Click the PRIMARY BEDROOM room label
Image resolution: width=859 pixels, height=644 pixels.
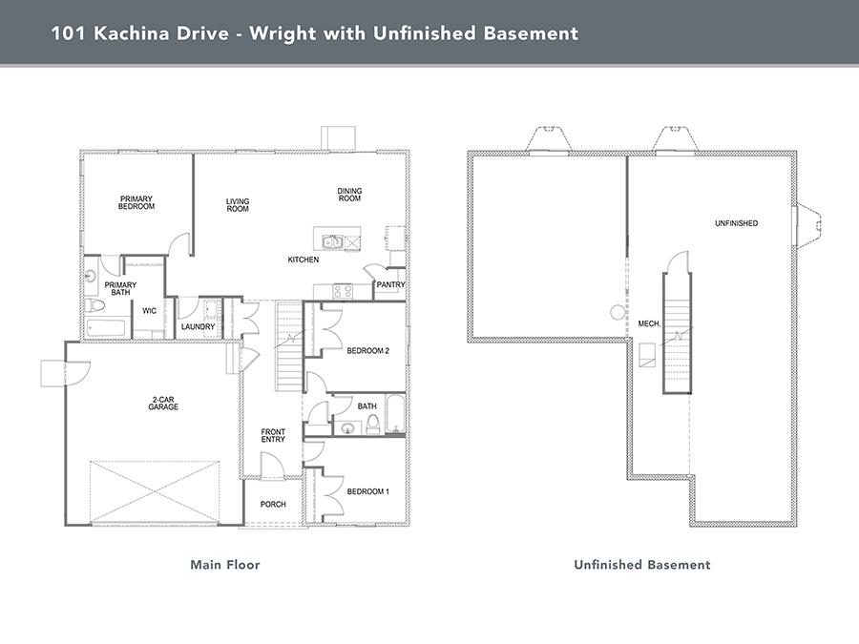pyautogui.click(x=136, y=202)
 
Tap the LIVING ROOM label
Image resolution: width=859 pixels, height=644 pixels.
pyautogui.click(x=238, y=205)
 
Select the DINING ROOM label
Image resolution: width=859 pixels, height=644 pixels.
pyautogui.click(x=349, y=195)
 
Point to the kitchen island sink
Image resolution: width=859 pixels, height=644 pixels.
pyautogui.click(x=332, y=241)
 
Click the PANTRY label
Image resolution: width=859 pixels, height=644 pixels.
pyautogui.click(x=390, y=284)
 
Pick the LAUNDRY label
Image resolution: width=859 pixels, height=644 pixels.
pyautogui.click(x=198, y=327)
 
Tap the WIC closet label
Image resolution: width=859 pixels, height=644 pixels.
pyautogui.click(x=150, y=311)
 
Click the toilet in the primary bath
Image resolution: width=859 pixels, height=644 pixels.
pyautogui.click(x=94, y=304)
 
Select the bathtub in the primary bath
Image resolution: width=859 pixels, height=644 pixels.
pyautogui.click(x=106, y=328)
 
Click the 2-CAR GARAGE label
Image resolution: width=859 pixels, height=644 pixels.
pyautogui.click(x=163, y=404)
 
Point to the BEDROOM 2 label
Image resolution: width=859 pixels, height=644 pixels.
pyautogui.click(x=368, y=351)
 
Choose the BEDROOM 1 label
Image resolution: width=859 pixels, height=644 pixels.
pyautogui.click(x=368, y=491)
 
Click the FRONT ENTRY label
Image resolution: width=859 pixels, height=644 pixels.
pyautogui.click(x=273, y=436)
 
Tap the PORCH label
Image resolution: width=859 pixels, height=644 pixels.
pyautogui.click(x=273, y=505)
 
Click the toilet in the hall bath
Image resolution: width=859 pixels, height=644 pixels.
pyautogui.click(x=373, y=425)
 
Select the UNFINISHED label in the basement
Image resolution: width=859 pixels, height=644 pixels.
pyautogui.click(x=736, y=223)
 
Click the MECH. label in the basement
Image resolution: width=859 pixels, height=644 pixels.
pyautogui.click(x=649, y=324)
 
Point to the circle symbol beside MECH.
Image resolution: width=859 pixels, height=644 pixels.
pyautogui.click(x=618, y=312)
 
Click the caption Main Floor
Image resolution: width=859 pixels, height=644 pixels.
pyautogui.click(x=225, y=565)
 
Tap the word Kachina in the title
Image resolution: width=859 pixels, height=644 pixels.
pyautogui.click(x=161, y=33)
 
